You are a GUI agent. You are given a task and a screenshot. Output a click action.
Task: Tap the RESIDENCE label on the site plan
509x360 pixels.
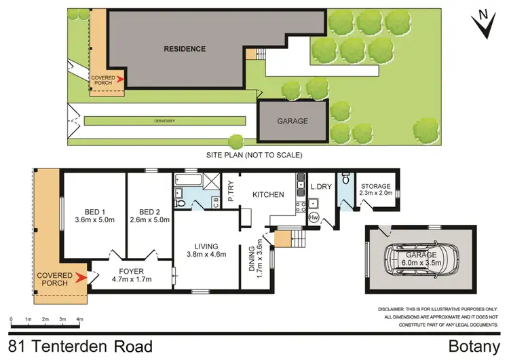[x=184, y=49]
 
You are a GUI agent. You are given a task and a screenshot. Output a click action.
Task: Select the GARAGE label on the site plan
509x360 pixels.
[x=292, y=121]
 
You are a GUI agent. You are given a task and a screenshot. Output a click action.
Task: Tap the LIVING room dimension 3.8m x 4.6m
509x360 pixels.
[x=206, y=255]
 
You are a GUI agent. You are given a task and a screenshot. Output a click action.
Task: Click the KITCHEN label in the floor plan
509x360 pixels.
[x=268, y=195]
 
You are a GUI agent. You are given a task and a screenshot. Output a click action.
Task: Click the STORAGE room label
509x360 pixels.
[x=375, y=186]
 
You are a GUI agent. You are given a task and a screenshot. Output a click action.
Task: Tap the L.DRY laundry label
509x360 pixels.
[x=320, y=186]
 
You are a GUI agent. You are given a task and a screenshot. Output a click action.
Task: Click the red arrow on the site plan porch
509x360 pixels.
[x=121, y=79]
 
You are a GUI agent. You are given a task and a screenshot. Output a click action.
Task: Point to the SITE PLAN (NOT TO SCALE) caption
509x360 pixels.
[x=254, y=155]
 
